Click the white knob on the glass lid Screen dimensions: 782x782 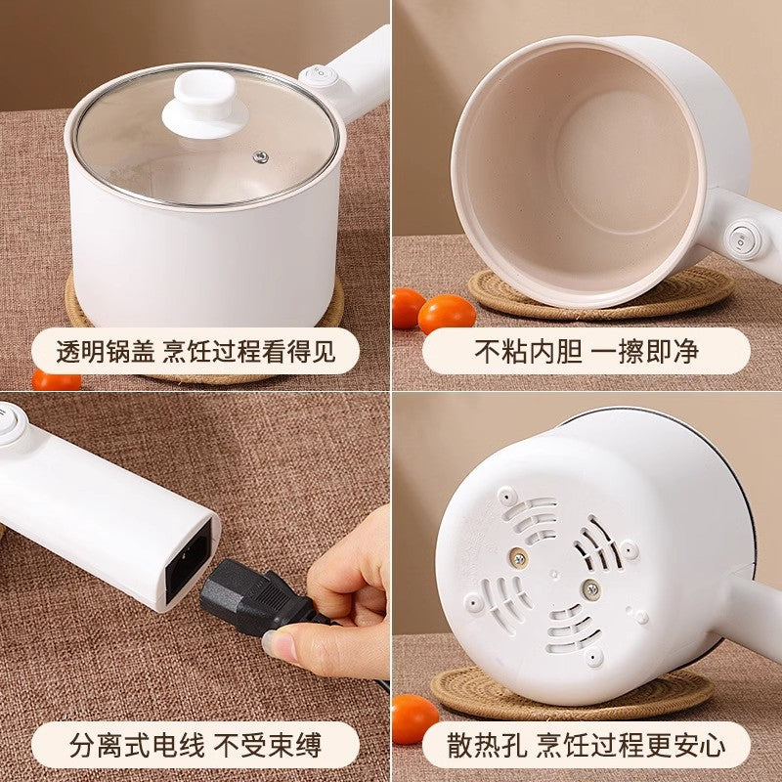(205, 105)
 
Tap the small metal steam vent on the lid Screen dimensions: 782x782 (260, 157)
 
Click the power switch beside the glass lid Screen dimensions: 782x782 (319, 76)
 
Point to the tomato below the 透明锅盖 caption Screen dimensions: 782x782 (56, 381)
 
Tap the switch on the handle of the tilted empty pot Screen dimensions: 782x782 (744, 239)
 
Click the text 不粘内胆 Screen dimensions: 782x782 (528, 352)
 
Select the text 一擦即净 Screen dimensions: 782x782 (645, 352)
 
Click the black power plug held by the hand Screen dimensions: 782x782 (259, 597)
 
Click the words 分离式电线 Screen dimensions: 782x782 (137, 746)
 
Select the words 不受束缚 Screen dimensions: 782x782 (267, 746)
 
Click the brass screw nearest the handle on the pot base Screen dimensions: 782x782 (591, 590)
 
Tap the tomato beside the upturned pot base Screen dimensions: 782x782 (415, 718)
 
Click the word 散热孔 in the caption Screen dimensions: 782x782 (487, 746)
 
